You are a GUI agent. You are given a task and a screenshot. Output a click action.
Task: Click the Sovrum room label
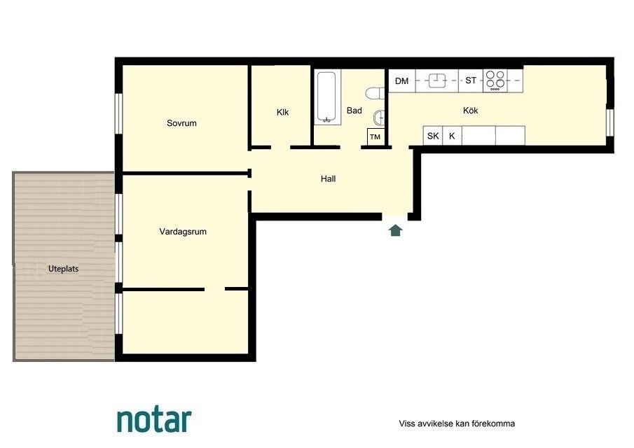coord(181,122)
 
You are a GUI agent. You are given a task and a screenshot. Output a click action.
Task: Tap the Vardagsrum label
coord(183,232)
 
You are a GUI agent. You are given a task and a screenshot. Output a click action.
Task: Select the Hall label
coord(328,178)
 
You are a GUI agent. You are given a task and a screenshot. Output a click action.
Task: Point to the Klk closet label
coord(282,112)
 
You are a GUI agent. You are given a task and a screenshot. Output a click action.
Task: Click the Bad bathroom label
coord(354,111)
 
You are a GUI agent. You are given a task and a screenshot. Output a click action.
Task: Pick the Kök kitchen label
coord(470,110)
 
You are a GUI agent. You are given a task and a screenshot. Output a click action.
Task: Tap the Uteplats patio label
coord(63,269)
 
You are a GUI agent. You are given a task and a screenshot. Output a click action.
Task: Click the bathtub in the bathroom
coord(326,97)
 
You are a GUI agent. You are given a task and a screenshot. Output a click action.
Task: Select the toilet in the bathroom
coord(375,93)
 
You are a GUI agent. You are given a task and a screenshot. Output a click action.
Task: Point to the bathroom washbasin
coord(379,118)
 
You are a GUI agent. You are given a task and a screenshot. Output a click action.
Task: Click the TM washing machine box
coord(375,136)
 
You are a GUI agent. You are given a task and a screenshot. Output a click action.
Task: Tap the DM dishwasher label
coord(401,80)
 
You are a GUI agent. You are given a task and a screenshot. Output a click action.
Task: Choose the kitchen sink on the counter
coord(436,80)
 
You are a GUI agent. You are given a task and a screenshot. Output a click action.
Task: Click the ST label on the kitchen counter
coord(471,80)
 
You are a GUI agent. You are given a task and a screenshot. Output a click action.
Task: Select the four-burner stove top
coord(495,80)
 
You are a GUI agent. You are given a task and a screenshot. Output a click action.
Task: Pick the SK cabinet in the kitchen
coord(433,136)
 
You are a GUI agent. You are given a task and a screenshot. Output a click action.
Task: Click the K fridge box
coord(452,136)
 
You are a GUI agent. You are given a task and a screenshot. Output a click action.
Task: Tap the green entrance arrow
coord(395,230)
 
